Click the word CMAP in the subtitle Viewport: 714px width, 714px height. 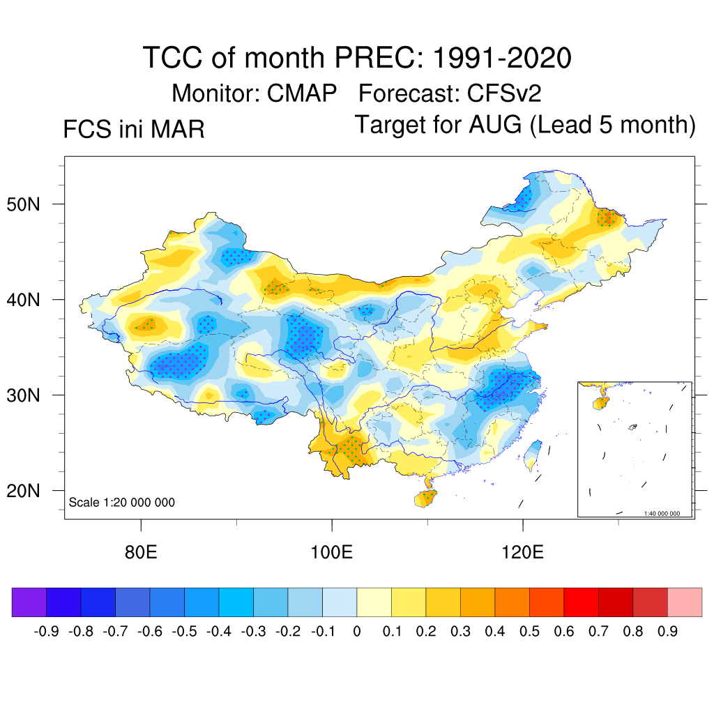(303, 93)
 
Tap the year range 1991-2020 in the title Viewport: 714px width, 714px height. (502, 57)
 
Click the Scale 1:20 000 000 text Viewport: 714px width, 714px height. (122, 503)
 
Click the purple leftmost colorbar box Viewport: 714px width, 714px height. (29, 602)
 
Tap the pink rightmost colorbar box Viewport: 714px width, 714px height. (685, 602)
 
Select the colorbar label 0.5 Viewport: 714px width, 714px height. (530, 632)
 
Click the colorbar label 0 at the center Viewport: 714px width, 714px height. (357, 632)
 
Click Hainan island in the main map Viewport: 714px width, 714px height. (425, 498)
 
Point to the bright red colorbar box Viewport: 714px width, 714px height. (581, 602)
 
